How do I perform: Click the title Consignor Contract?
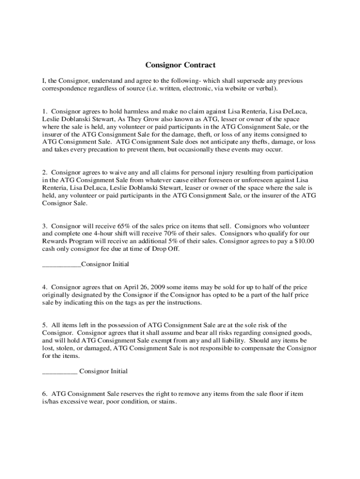click(180, 65)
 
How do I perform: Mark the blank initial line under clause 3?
click(61, 265)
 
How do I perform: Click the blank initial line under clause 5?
click(59, 372)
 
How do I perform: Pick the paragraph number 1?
click(44, 111)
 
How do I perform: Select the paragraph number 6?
click(44, 394)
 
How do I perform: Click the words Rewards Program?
click(66, 241)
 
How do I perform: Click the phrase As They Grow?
click(130, 119)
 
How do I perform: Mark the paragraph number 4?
click(44, 287)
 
